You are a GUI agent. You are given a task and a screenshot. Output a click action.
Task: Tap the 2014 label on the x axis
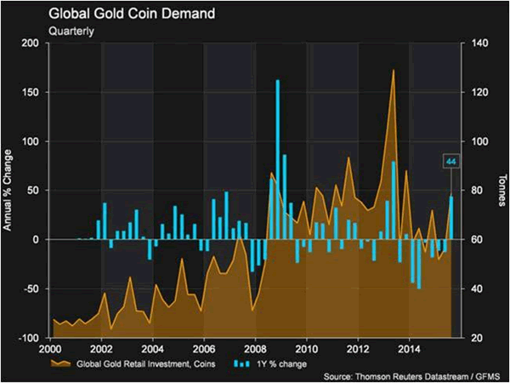click(x=409, y=349)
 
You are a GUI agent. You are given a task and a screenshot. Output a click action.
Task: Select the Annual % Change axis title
click(x=8, y=191)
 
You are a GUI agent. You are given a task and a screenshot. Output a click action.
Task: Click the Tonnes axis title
click(x=499, y=191)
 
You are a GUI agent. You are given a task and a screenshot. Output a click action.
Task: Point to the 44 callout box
click(x=450, y=161)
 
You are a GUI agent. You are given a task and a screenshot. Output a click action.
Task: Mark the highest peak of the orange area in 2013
click(x=394, y=71)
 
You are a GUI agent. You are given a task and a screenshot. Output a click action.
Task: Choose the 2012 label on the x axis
click(x=357, y=349)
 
